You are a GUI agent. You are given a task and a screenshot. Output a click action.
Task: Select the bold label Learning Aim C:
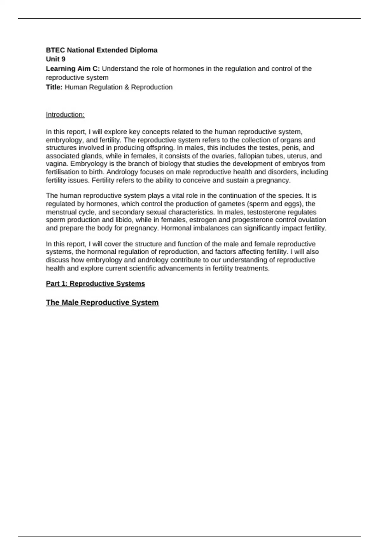pyautogui.click(x=73, y=69)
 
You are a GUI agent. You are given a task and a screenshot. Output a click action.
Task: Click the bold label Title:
pyautogui.click(x=54, y=87)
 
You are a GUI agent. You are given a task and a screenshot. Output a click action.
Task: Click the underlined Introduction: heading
pyautogui.click(x=65, y=115)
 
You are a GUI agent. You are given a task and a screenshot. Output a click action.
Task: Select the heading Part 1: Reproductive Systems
pyautogui.click(x=95, y=284)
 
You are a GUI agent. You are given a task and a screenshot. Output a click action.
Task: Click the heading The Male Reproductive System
pyautogui.click(x=102, y=303)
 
